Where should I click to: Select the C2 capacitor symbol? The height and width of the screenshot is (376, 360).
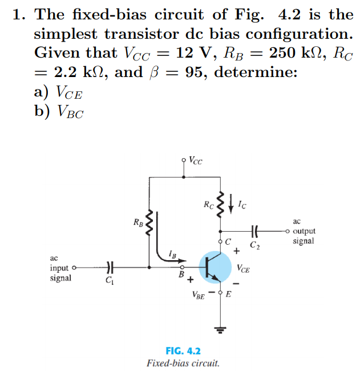pos(254,231)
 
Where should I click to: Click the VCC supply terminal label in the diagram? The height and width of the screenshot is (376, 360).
pos(195,160)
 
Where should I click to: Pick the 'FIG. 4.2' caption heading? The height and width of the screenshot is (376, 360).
pos(183,351)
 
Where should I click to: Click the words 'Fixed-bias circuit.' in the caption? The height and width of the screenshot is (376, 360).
pos(183,363)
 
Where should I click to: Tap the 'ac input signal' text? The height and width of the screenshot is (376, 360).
pos(60,268)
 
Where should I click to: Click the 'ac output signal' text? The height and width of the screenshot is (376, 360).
pos(303,231)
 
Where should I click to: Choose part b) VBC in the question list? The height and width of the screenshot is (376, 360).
pos(59,111)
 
